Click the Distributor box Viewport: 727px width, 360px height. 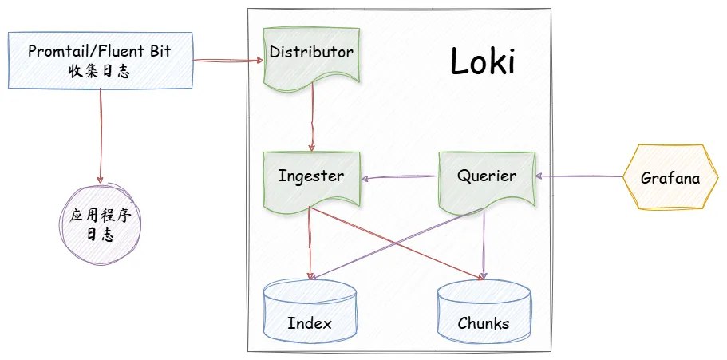coord(311,54)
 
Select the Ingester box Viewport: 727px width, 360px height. coord(311,176)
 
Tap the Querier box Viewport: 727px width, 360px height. coord(488,176)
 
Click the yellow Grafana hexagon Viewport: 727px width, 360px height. coord(670,178)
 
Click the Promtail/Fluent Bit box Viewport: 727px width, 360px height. coord(100,61)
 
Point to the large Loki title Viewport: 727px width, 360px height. coord(482,63)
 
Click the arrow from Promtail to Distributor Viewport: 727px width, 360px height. coord(227,60)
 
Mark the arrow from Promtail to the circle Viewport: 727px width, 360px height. coord(101,136)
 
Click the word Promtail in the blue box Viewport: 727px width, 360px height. coord(58,52)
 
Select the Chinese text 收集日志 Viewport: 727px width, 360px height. coord(100,70)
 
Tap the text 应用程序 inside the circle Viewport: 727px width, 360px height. coord(101,218)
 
